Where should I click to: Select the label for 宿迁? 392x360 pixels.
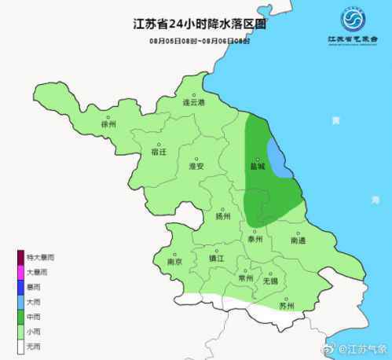click(x=159, y=152)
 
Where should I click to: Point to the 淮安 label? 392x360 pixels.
click(x=196, y=167)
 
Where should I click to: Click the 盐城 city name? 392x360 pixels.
click(x=257, y=167)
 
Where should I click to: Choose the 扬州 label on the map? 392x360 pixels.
click(x=223, y=216)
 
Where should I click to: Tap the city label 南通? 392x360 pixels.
click(x=299, y=240)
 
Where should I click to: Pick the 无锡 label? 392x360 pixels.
click(x=269, y=281)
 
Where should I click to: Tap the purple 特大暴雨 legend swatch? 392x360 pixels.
click(x=21, y=257)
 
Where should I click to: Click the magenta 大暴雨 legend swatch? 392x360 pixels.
click(x=21, y=272)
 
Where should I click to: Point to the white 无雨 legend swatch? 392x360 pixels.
click(x=21, y=346)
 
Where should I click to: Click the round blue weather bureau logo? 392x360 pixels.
click(x=353, y=19)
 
